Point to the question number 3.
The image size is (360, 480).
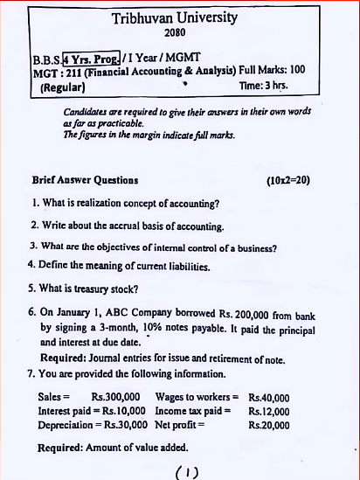(32, 247)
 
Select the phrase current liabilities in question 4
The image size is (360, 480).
(175, 265)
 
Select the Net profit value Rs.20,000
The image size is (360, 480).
(269, 425)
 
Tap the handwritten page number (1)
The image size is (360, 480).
(187, 471)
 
